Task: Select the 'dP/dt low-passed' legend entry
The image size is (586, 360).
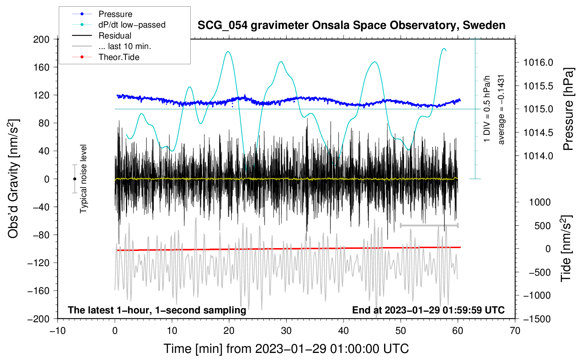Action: tap(132, 25)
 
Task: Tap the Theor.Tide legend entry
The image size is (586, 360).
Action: tap(119, 57)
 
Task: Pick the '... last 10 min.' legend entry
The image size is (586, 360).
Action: tap(125, 46)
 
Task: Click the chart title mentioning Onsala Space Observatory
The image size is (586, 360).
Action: tap(351, 25)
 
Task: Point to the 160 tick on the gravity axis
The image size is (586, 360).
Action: tap(41, 67)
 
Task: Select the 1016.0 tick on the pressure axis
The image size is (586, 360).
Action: tap(538, 62)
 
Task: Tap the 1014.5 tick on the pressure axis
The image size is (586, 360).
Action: tap(538, 133)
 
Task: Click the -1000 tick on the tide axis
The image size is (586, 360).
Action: tap(537, 295)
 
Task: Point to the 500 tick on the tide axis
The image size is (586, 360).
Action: tap(542, 226)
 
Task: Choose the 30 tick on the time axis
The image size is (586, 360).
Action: tap(286, 331)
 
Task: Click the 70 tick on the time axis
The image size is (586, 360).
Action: tap(515, 331)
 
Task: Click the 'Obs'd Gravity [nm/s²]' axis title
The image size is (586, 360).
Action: tap(13, 179)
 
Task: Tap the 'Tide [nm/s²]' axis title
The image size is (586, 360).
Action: tap(566, 248)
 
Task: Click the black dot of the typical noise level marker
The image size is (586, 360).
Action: tap(74, 179)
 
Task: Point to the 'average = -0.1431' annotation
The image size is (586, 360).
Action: tap(501, 109)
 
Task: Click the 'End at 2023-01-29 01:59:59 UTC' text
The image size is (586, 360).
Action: tap(428, 310)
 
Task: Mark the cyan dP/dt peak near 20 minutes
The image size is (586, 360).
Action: tap(228, 52)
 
